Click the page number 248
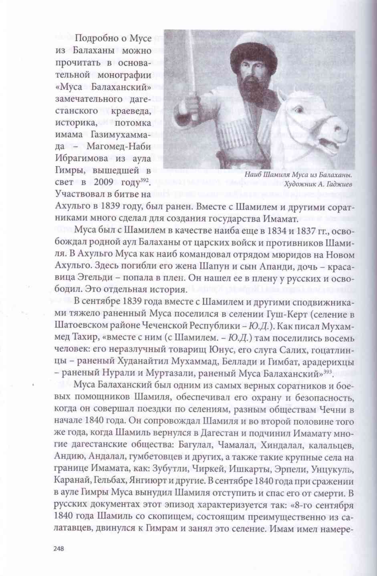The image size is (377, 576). [58, 549]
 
